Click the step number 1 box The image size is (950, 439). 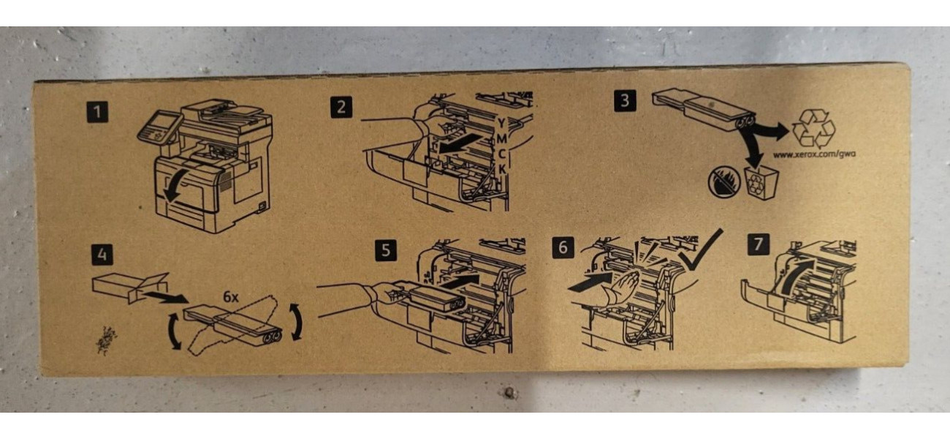click(97, 112)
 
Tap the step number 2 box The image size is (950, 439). click(341, 107)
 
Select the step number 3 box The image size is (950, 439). click(625, 101)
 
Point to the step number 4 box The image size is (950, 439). click(102, 255)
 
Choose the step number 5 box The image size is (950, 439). click(386, 250)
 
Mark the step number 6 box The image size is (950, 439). click(563, 247)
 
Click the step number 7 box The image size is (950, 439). click(759, 244)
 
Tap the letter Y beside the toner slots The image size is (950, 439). click(501, 123)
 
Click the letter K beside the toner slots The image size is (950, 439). click(502, 169)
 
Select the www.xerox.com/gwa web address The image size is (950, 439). click(814, 154)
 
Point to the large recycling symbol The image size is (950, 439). click(813, 129)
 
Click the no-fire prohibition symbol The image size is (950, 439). click(724, 181)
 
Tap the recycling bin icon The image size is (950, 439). click(761, 183)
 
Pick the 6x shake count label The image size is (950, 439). click(231, 297)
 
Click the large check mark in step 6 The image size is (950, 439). click(700, 252)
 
